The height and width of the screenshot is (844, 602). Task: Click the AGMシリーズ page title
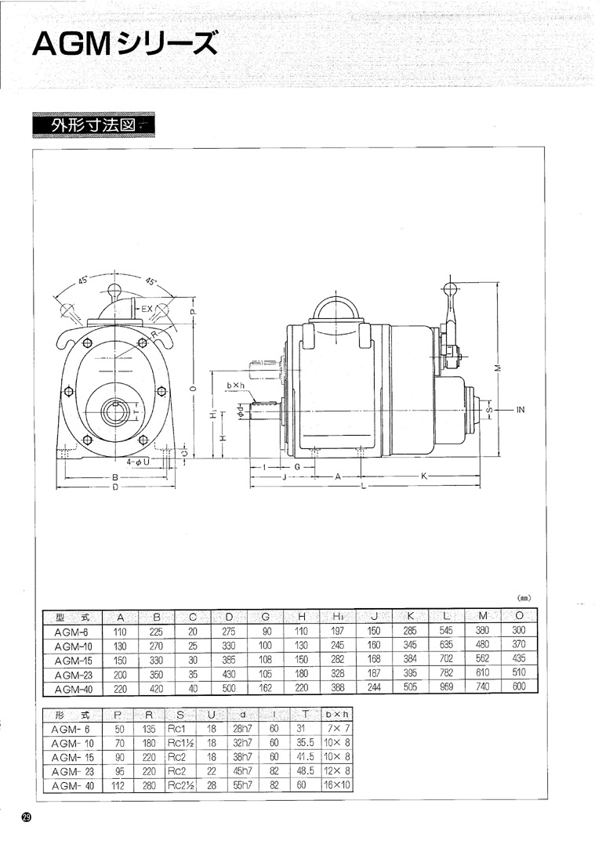(125, 44)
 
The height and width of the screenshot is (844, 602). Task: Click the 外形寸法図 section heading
(92, 125)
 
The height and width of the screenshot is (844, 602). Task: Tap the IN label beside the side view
(520, 410)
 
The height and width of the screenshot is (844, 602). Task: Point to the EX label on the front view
(147, 309)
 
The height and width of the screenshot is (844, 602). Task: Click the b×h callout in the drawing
(235, 386)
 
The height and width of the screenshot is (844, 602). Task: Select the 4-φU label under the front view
(138, 462)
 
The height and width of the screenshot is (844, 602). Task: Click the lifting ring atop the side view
(335, 307)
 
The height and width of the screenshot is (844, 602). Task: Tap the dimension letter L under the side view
(364, 486)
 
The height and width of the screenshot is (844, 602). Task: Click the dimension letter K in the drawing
(424, 476)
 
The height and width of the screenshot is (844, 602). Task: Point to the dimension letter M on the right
(498, 368)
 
